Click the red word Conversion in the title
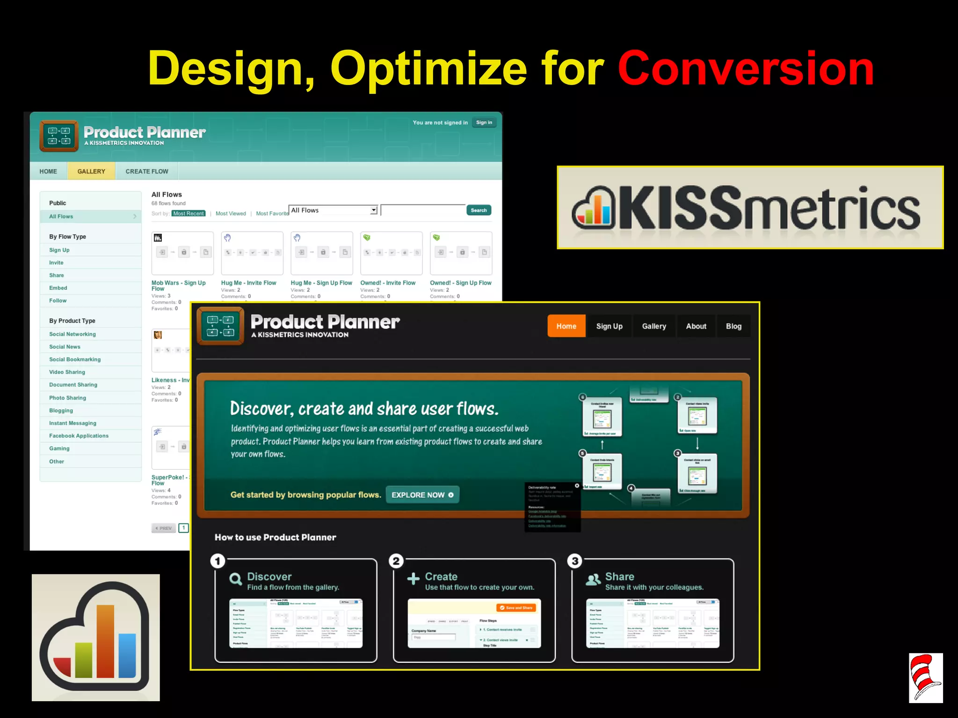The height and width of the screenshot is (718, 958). click(746, 69)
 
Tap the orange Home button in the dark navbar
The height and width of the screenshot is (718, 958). click(566, 326)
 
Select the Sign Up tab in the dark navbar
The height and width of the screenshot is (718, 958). click(609, 326)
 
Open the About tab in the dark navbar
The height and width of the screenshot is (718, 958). click(696, 326)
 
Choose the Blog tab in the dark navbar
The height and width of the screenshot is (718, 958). click(733, 326)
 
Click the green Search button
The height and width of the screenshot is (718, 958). click(479, 210)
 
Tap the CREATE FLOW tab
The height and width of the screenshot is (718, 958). click(147, 172)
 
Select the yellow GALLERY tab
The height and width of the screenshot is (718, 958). click(91, 172)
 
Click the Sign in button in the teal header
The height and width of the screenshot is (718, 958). click(484, 122)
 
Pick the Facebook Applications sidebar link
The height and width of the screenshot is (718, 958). click(79, 436)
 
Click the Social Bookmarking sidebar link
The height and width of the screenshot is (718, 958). click(75, 359)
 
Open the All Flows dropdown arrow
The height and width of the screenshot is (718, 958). click(374, 210)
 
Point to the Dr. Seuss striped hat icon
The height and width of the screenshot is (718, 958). click(925, 677)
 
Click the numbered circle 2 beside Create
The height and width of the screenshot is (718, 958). click(396, 561)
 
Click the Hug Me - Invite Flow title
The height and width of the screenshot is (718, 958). click(248, 283)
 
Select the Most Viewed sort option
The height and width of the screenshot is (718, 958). click(231, 214)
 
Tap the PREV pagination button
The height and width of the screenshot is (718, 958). click(164, 528)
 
